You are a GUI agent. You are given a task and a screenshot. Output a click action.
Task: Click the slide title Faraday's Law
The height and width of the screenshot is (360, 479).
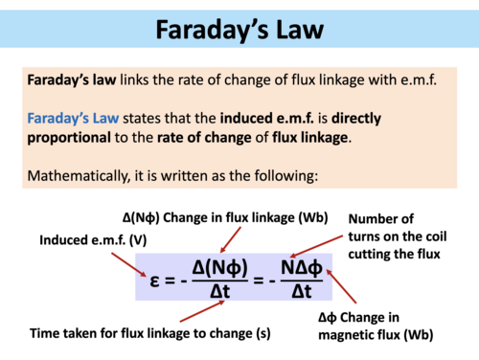coord(239,31)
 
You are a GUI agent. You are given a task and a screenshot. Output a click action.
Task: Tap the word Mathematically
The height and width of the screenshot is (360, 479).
coord(80,177)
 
